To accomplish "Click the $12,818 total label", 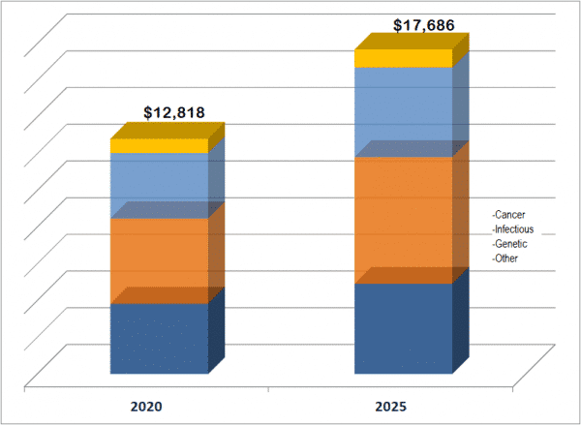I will pos(174,111).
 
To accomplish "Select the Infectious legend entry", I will pos(513,229).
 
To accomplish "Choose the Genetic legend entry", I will pos(510,244).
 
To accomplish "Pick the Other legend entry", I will pos(506,259).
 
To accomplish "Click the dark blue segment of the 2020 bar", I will pos(159,338).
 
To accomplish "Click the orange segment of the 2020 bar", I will pos(159,260).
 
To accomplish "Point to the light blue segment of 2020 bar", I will pos(159,185).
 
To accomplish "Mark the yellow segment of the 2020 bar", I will pos(159,146).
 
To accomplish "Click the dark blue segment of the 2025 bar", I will pos(403,328).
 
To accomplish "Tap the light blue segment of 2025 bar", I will pos(403,111).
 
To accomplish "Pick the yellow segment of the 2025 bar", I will pos(403,59).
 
